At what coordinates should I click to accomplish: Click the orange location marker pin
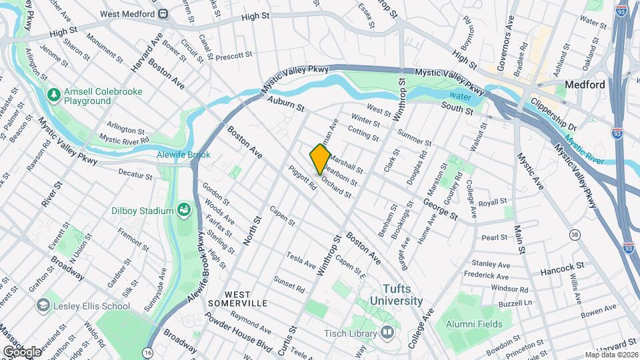[320, 159]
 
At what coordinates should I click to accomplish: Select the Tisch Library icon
[388, 332]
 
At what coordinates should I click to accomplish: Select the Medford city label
[584, 85]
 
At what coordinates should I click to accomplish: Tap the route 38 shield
[574, 234]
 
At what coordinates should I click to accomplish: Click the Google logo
[21, 351]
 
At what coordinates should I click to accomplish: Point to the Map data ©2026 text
[611, 355]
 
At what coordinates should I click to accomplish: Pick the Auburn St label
[285, 105]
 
